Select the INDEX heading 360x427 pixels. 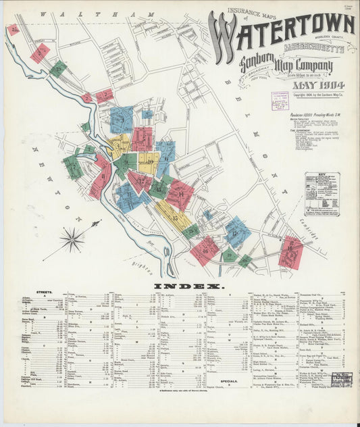click(179, 286)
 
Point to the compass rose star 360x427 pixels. click(72, 238)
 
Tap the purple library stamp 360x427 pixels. click(280, 101)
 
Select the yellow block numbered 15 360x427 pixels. click(173, 216)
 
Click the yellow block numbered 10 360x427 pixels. click(149, 162)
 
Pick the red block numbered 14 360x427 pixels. click(180, 195)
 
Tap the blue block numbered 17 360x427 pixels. click(236, 232)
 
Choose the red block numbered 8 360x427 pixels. click(142, 139)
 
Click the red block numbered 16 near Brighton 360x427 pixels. click(205, 250)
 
